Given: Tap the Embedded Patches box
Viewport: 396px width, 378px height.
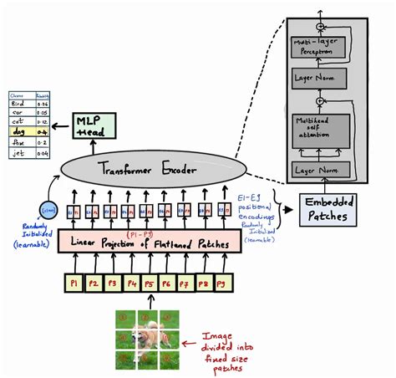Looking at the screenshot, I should pos(328,209).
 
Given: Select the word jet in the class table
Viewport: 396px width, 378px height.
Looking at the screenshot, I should pos(18,154).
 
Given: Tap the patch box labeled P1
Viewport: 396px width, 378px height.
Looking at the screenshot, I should pos(74,283).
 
